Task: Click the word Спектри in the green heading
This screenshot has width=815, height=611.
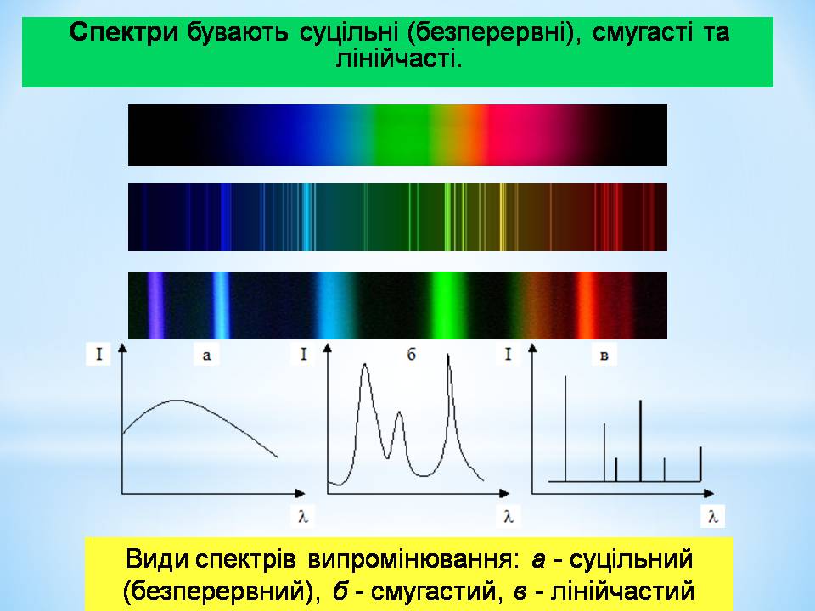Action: point(124,32)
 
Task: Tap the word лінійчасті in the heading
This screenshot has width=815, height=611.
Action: point(398,59)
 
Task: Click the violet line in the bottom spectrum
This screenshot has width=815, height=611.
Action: point(155,305)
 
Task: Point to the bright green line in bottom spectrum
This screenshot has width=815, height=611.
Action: point(444,305)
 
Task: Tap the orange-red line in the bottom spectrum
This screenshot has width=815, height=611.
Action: point(585,305)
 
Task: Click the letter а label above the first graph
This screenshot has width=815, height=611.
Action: point(206,356)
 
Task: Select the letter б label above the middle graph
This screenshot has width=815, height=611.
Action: point(411,355)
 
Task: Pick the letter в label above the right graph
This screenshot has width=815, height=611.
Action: point(604,356)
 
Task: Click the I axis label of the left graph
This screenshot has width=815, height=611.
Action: point(98,355)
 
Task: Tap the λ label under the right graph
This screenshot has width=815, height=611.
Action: point(712,517)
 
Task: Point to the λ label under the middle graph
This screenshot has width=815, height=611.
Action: point(509,517)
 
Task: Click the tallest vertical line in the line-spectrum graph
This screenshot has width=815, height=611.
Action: point(565,429)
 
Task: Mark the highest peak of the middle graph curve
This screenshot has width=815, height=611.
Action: point(448,356)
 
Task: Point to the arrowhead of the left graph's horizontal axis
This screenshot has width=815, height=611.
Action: point(300,493)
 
